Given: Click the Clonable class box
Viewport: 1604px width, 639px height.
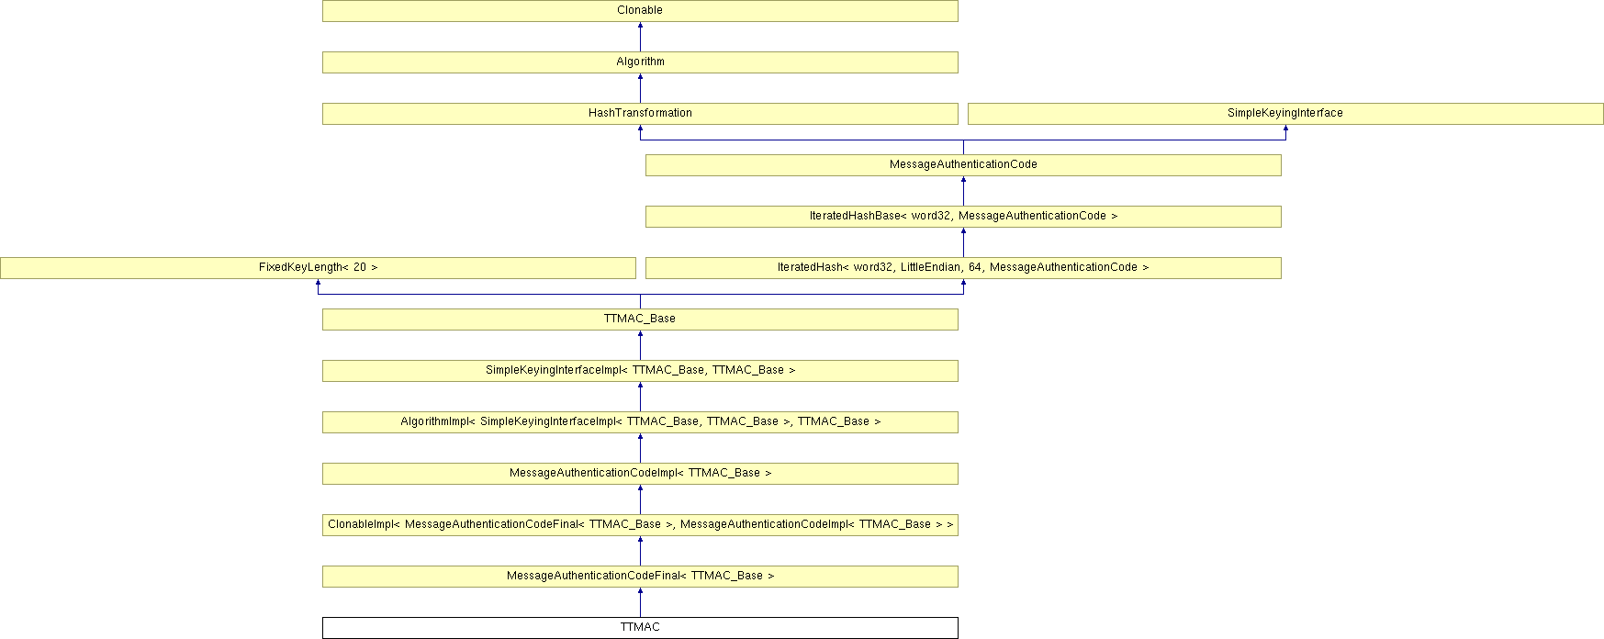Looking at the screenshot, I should pyautogui.click(x=640, y=10).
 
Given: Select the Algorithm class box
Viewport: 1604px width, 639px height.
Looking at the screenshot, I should pyautogui.click(x=640, y=62).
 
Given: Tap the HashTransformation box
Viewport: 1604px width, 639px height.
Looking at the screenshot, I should pyautogui.click(x=640, y=113).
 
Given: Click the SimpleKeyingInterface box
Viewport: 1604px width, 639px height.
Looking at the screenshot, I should pyautogui.click(x=1284, y=113).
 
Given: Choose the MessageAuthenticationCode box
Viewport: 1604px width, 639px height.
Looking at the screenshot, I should pyautogui.click(x=963, y=164).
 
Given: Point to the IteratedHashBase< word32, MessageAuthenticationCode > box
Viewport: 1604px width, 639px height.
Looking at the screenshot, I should pyautogui.click(x=963, y=216).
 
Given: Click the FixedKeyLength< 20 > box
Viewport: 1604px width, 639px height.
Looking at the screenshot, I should pyautogui.click(x=318, y=267).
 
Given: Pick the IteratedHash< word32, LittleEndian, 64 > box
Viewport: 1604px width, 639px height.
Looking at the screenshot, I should pyautogui.click(x=963, y=267).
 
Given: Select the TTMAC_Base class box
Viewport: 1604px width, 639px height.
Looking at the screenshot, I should pyautogui.click(x=640, y=319).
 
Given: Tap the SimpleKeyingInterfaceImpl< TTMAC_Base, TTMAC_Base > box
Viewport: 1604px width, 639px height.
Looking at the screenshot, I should pyautogui.click(x=640, y=370).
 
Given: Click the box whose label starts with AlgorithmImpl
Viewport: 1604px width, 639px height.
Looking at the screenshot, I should pyautogui.click(x=640, y=421).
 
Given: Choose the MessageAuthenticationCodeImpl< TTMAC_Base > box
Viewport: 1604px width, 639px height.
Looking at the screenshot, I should pyautogui.click(x=640, y=473).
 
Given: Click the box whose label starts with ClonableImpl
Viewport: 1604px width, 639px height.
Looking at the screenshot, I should pyautogui.click(x=640, y=524).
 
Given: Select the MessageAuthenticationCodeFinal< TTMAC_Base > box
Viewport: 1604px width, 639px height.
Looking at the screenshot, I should pyautogui.click(x=640, y=576).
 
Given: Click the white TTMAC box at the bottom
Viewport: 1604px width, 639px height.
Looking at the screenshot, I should pyautogui.click(x=640, y=627).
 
